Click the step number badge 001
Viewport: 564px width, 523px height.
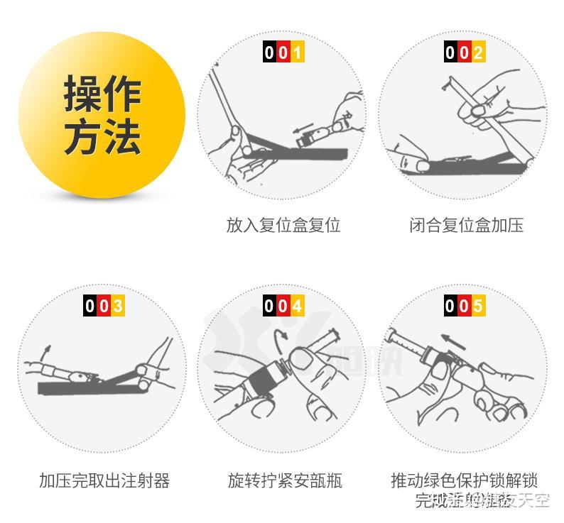point(283,53)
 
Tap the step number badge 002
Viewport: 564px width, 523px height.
point(465,53)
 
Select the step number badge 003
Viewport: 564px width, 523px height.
point(104,306)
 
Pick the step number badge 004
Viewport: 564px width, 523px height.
point(283,306)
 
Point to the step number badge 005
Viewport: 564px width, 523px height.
point(465,306)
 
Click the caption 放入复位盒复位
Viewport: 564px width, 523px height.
point(283,226)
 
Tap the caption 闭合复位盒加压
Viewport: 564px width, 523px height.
point(466,226)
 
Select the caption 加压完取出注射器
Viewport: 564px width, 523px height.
point(104,480)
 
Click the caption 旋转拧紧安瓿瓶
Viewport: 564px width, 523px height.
point(285,480)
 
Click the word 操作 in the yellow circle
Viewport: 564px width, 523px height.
point(103,94)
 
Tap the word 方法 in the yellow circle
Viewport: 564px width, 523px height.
point(103,138)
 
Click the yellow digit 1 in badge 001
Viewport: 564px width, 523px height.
point(297,53)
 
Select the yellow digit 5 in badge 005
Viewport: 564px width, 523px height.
point(478,306)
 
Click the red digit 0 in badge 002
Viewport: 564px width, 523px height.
point(465,53)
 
